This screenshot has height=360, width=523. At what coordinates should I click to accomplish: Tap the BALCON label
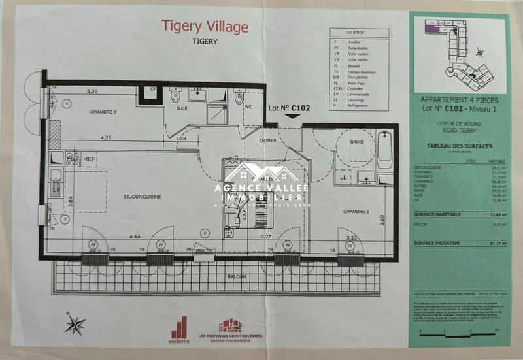(x=237, y=276)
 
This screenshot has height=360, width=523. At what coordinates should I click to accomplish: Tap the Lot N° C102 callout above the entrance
(x=289, y=108)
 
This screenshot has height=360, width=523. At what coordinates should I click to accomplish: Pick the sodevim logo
(x=178, y=330)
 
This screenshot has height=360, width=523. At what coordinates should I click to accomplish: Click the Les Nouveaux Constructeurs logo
(x=230, y=330)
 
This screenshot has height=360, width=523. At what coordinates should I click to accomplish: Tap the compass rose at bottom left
(x=75, y=323)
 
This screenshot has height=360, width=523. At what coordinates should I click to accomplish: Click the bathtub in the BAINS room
(x=385, y=150)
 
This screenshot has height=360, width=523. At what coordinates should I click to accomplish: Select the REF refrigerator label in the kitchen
(x=89, y=159)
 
